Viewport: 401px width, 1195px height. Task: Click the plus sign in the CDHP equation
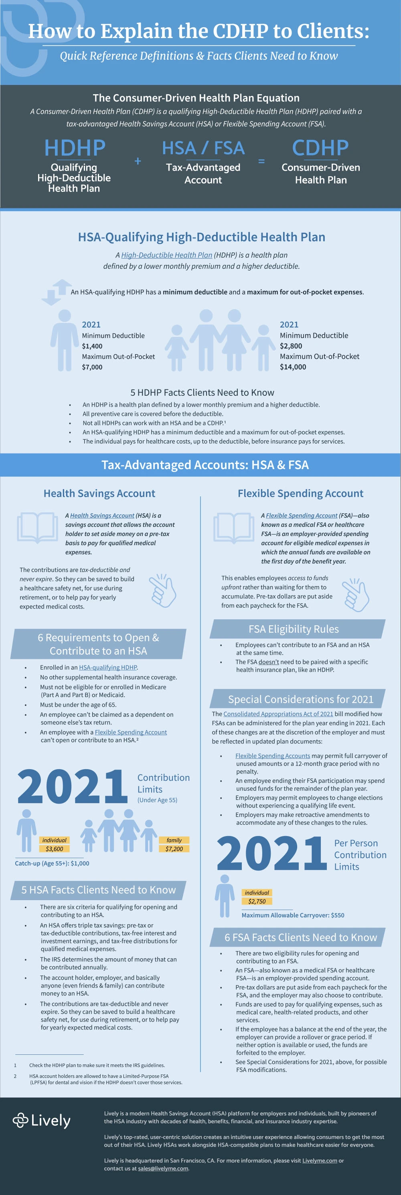pyautogui.click(x=138, y=161)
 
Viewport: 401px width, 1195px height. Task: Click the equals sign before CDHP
pyautogui.click(x=261, y=161)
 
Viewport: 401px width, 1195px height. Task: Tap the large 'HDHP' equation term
pyautogui.click(x=75, y=148)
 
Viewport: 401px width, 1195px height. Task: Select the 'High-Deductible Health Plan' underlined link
pyautogui.click(x=167, y=255)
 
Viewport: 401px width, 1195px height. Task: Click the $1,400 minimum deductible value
pyautogui.click(x=92, y=346)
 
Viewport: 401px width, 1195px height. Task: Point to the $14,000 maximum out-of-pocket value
pyautogui.click(x=293, y=367)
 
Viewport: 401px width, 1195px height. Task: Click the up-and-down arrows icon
pyautogui.click(x=57, y=292)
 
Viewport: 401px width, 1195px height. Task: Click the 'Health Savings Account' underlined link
pyautogui.click(x=102, y=516)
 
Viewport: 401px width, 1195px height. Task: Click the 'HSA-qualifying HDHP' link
pyautogui.click(x=108, y=667)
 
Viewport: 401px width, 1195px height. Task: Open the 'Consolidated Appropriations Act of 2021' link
pyautogui.click(x=278, y=714)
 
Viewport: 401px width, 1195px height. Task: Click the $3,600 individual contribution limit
pyautogui.click(x=54, y=848)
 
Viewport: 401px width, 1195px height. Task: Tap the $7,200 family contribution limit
pyautogui.click(x=174, y=848)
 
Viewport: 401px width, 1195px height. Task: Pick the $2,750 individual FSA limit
pyautogui.click(x=257, y=901)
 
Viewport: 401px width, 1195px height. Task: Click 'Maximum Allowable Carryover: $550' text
pyautogui.click(x=293, y=915)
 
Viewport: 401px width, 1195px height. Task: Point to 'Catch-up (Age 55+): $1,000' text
pyautogui.click(x=52, y=863)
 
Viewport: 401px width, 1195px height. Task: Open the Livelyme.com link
pyautogui.click(x=319, y=1160)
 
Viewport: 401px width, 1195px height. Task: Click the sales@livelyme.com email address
pyautogui.click(x=163, y=1168)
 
